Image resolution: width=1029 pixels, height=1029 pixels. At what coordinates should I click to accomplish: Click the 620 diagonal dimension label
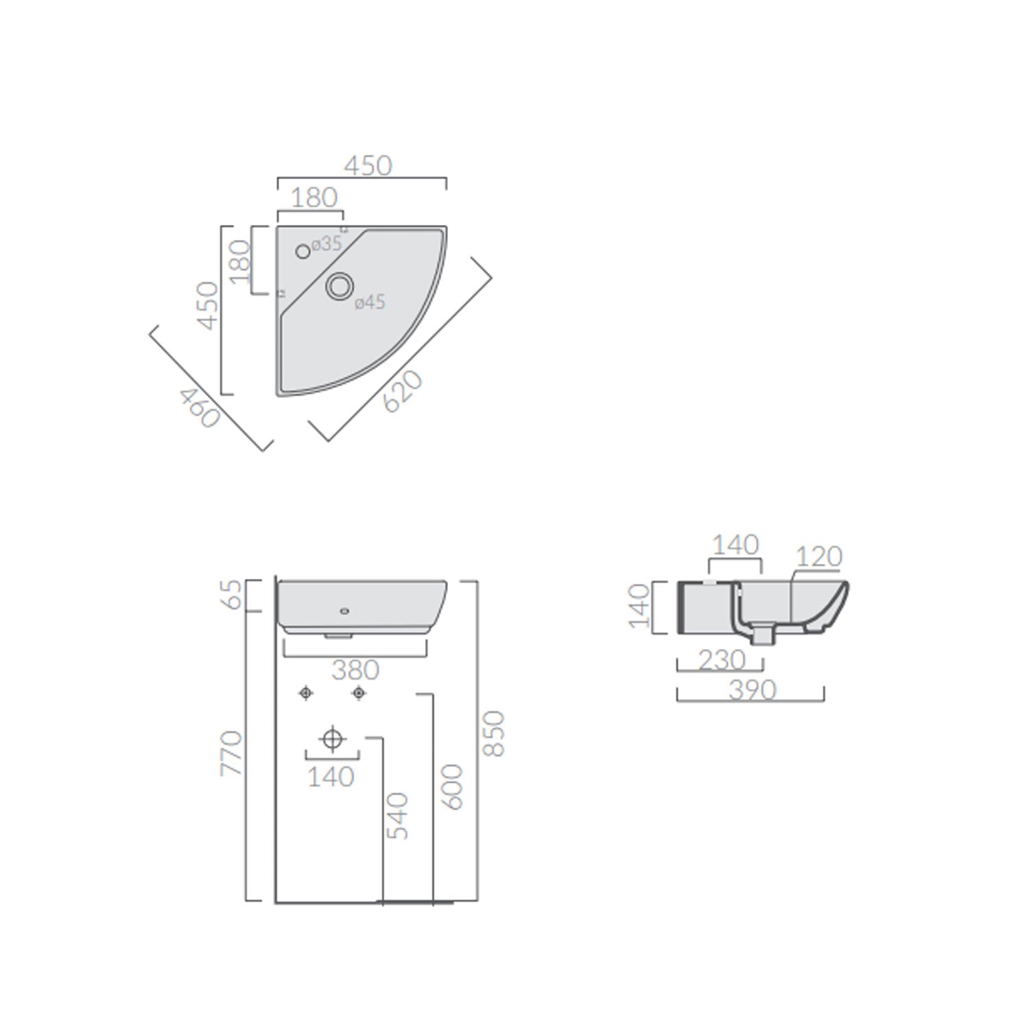coord(403,391)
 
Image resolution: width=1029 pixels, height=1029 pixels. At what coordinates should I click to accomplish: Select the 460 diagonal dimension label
coord(200,407)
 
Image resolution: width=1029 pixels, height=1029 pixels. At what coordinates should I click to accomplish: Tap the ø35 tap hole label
coord(327,244)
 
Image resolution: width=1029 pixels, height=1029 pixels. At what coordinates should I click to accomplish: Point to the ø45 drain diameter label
coord(370,302)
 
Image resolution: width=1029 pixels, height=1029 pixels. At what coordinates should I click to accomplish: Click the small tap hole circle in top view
coord(303,252)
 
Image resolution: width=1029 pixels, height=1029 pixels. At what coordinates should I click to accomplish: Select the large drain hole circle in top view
coord(339,286)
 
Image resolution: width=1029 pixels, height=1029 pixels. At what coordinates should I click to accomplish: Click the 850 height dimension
coord(493,733)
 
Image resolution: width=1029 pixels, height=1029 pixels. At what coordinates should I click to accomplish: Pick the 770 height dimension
coord(232,753)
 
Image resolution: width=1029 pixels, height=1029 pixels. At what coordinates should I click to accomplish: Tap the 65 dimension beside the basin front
coord(233,595)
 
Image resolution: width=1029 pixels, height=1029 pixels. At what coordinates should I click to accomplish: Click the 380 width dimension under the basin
coord(355,670)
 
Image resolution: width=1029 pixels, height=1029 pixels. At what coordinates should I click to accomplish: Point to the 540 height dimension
coord(397,816)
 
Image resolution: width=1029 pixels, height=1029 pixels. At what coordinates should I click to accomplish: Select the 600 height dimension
coord(452,787)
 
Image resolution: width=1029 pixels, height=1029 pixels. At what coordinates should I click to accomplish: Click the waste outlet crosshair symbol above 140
coord(332,739)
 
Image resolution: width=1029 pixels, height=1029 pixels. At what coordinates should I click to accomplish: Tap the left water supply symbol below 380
coord(306,694)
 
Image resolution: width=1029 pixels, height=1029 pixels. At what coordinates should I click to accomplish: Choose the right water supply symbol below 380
coord(358,694)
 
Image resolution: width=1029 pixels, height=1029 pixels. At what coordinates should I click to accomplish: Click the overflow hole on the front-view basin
coord(344,610)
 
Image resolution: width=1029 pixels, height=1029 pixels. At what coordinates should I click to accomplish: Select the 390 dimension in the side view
coord(752,689)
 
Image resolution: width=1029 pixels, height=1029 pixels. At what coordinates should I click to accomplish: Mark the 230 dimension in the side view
coord(722,660)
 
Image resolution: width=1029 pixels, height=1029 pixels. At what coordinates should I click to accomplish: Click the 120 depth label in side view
coord(819,556)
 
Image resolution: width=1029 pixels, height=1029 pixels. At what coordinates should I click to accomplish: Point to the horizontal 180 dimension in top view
coord(314,198)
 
